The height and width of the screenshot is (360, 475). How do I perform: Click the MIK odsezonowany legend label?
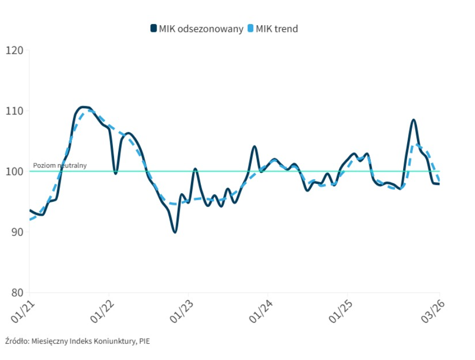coord(201,29)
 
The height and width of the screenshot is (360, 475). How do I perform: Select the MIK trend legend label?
coord(277,29)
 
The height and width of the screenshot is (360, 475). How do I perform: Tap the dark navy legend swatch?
coord(154,29)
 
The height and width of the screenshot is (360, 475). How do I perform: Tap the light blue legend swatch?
coord(251,29)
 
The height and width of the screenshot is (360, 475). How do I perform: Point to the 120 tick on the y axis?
coord(15,50)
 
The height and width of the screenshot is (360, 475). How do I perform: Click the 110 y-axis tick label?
coord(15,111)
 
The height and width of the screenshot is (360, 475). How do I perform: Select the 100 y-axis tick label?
coord(15,172)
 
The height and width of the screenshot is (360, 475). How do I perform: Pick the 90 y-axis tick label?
coord(16,232)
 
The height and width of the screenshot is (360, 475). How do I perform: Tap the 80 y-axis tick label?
coord(16,293)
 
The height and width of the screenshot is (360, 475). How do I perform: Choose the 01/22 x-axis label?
coord(101,310)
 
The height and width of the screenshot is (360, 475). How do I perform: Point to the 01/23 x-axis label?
coord(180,310)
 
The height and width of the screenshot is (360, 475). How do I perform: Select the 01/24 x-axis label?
coord(259,310)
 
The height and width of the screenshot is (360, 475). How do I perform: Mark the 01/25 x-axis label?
coord(339,310)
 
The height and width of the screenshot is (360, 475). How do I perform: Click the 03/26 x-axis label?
coord(431,310)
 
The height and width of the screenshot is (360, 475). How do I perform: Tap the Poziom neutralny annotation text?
coord(60,165)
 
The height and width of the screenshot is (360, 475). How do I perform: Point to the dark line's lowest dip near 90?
coord(175,232)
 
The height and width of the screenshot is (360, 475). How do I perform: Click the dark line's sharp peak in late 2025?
coord(413,120)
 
